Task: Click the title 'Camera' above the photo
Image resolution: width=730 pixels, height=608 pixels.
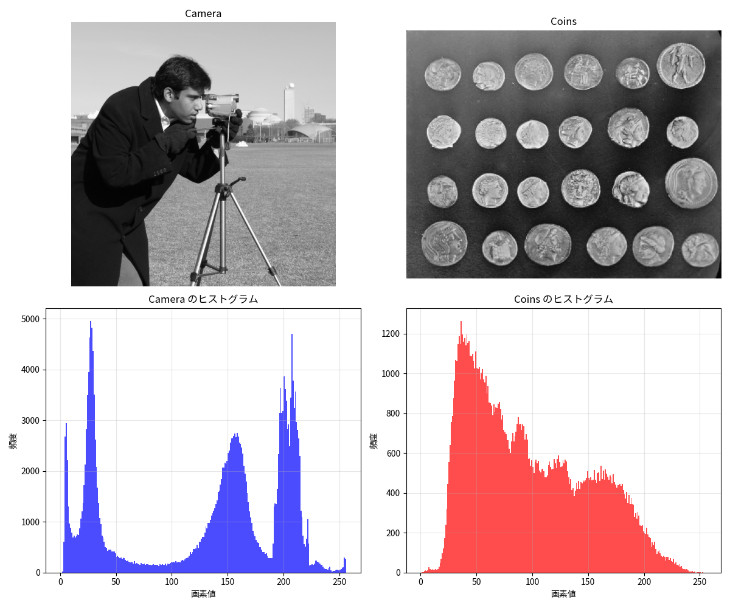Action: (x=203, y=13)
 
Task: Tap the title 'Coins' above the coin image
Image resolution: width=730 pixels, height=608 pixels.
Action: (x=563, y=22)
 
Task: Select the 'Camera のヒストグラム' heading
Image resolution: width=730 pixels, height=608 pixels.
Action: (x=203, y=299)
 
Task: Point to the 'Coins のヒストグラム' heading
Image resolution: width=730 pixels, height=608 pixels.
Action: (x=563, y=299)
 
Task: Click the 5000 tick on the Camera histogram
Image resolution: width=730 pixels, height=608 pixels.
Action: (x=30, y=319)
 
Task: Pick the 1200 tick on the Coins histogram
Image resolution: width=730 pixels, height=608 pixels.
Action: (x=392, y=334)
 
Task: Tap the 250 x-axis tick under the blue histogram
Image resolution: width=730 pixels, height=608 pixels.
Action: (x=339, y=582)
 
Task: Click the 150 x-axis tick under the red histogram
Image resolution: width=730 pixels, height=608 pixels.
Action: (x=588, y=582)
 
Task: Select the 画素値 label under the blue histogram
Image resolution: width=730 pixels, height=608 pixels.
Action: (x=203, y=593)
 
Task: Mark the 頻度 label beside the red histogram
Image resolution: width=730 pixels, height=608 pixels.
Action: (x=374, y=441)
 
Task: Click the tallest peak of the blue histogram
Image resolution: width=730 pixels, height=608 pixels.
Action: (x=91, y=322)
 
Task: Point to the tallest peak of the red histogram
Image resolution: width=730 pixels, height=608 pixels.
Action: (x=461, y=322)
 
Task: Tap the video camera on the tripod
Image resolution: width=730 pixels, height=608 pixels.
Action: (x=221, y=105)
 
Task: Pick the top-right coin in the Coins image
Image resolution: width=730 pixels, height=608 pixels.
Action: (x=681, y=66)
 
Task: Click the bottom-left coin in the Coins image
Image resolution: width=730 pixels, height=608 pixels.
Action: (x=444, y=243)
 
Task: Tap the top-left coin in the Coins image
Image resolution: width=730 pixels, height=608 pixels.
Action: (x=442, y=74)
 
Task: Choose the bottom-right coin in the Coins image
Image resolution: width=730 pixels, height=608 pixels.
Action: (x=700, y=250)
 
